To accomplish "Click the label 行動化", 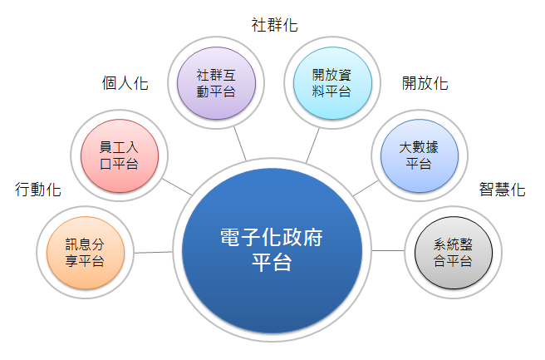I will point(38,190).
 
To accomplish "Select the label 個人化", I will point(125,83).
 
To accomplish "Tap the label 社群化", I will point(274,25).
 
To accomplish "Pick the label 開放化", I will point(425,83).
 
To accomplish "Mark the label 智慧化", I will point(502,190).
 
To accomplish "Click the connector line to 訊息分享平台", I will point(152,251).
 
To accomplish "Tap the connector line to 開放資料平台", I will point(312,145).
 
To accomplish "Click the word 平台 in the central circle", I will point(272,264).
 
